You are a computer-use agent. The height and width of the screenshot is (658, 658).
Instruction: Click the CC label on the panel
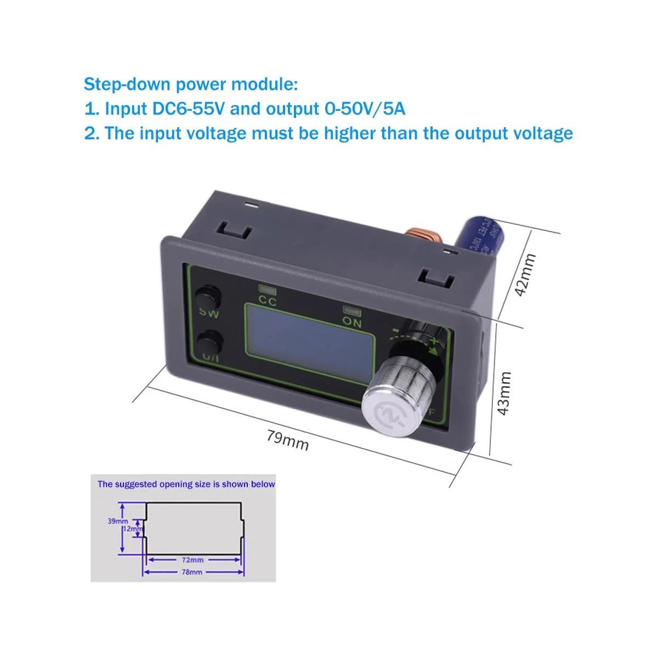click(268, 301)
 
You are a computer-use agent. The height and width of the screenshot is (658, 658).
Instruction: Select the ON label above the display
click(352, 322)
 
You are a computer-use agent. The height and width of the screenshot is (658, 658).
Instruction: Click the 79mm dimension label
click(288, 440)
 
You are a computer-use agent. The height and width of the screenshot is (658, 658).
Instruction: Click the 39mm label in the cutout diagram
click(118, 521)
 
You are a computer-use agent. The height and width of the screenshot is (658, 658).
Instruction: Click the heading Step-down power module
click(191, 84)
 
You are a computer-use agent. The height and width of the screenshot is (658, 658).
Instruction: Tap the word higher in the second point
click(350, 133)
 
